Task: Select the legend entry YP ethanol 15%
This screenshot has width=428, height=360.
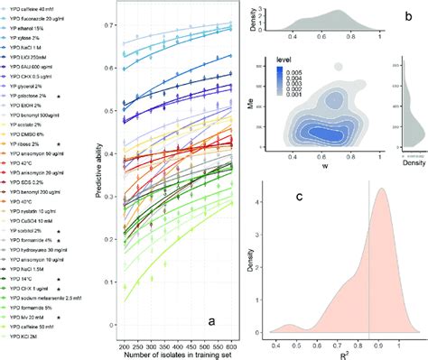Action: (36, 27)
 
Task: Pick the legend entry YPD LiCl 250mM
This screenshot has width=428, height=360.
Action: (41, 58)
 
